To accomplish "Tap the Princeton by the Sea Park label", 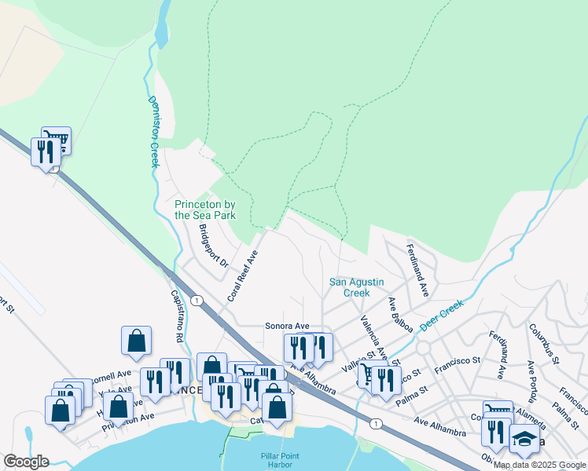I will click(x=205, y=210).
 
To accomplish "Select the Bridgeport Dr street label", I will click(x=213, y=247).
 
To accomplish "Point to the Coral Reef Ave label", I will click(x=242, y=276).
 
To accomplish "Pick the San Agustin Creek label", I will click(x=348, y=287).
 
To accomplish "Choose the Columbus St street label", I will click(x=543, y=343).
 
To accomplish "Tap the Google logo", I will click(x=26, y=462).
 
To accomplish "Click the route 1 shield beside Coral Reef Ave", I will click(x=197, y=301).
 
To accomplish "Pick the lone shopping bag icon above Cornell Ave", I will click(x=136, y=340).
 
